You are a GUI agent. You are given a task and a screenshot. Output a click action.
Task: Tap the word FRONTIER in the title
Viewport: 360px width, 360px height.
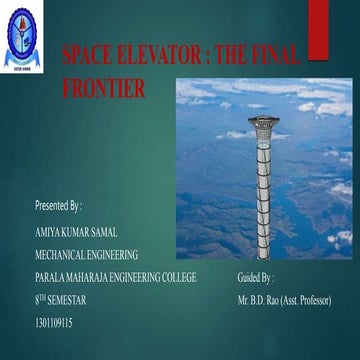click(x=103, y=87)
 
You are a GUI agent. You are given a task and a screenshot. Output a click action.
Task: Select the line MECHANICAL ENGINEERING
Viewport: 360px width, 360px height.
click(x=86, y=254)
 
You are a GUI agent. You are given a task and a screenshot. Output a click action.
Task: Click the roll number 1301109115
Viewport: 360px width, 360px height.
click(x=53, y=322)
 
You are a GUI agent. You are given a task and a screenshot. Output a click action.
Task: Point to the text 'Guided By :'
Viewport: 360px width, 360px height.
click(x=256, y=277)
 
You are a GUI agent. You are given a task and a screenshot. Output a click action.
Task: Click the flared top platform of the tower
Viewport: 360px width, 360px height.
click(x=263, y=123)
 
